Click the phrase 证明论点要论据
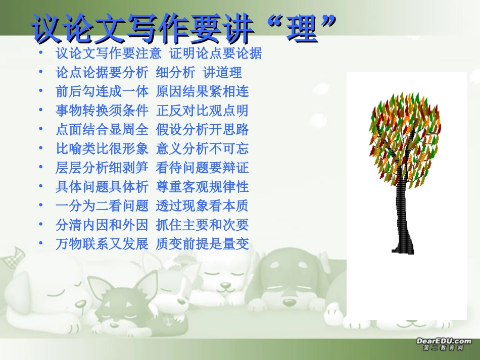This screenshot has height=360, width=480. click(x=215, y=53)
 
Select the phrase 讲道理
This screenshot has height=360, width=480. click(x=222, y=72)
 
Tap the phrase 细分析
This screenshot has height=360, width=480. click(x=175, y=72)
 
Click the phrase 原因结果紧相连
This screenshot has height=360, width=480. click(x=202, y=91)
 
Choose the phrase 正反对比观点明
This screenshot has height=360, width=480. click(x=202, y=111)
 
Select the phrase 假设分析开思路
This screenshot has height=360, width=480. click(x=202, y=130)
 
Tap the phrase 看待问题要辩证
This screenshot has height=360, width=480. click(x=202, y=168)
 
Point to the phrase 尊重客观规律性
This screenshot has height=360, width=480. click(x=202, y=187)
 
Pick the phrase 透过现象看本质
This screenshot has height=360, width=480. click(x=202, y=206)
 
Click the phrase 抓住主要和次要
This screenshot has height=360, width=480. click(x=202, y=225)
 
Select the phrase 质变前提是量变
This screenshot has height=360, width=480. click(x=202, y=244)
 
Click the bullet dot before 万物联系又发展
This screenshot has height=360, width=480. click(x=40, y=243)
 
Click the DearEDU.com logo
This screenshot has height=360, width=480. click(x=443, y=344)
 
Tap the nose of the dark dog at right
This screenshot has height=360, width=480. click(x=290, y=302)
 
